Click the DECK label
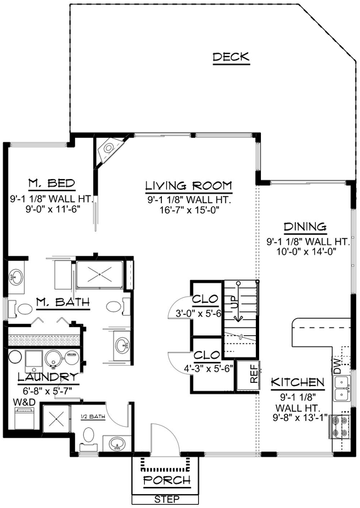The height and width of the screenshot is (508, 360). click(x=231, y=58)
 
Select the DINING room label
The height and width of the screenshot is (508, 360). click(x=305, y=227)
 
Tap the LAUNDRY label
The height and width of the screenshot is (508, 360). click(x=43, y=377)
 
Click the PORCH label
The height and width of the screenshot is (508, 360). click(x=166, y=480)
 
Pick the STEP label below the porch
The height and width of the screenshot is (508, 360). click(x=166, y=499)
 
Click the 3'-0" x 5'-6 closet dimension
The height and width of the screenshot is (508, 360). click(x=197, y=312)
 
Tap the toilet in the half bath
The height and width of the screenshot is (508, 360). click(x=88, y=438)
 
